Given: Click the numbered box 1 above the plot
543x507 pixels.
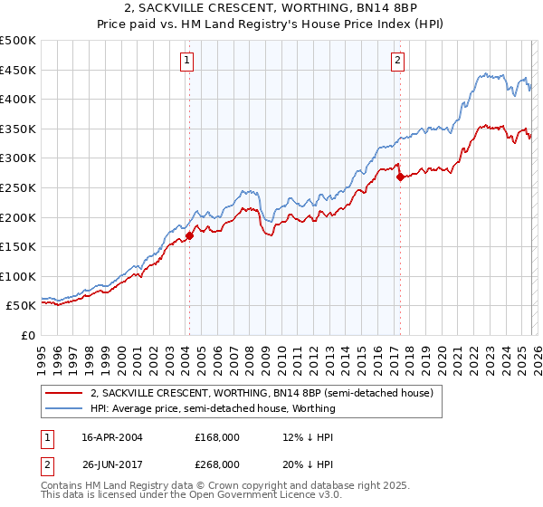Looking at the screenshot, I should pyautogui.click(x=187, y=61).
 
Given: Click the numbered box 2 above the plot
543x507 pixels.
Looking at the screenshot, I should pyautogui.click(x=398, y=61).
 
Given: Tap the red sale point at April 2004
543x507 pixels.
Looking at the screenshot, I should pyautogui.click(x=189, y=236).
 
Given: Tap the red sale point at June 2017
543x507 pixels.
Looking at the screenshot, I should pyautogui.click(x=400, y=177).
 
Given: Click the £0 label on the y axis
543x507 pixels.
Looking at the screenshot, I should pyautogui.click(x=27, y=335).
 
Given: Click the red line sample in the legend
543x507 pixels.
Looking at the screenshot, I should pyautogui.click(x=65, y=393).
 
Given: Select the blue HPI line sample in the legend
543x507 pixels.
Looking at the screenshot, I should pyautogui.click(x=65, y=408).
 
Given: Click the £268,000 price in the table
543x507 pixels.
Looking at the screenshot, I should pyautogui.click(x=217, y=464).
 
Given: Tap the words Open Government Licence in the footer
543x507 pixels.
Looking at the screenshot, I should pyautogui.click(x=252, y=497).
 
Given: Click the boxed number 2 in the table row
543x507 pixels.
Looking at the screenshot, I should pyautogui.click(x=48, y=464).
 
